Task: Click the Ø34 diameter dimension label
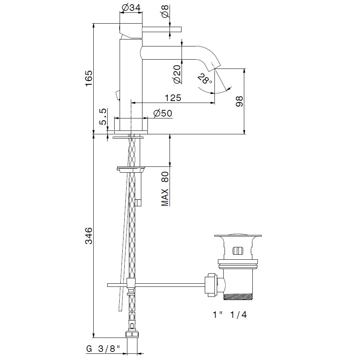(x=131, y=8)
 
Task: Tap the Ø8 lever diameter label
(x=165, y=11)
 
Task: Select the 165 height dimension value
(x=89, y=78)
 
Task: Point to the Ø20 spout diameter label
(x=177, y=74)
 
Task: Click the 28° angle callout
(x=204, y=79)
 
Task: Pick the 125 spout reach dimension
(x=173, y=98)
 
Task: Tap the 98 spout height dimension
(x=239, y=101)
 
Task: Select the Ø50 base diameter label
(x=163, y=113)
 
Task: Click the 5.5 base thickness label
(x=103, y=117)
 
